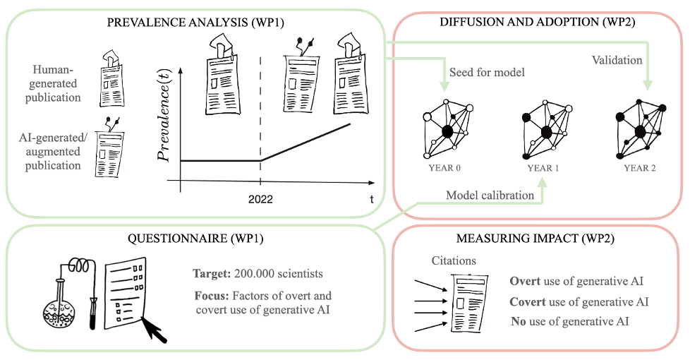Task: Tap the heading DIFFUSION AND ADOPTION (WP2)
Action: click(x=538, y=23)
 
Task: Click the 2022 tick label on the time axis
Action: click(x=260, y=199)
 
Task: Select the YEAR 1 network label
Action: click(x=544, y=169)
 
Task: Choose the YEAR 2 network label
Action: click(x=640, y=169)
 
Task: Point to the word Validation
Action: click(x=617, y=61)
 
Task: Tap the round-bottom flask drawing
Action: click(x=58, y=308)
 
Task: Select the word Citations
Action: click(x=454, y=261)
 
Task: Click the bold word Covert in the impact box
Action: click(x=528, y=301)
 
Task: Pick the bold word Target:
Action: click(x=210, y=272)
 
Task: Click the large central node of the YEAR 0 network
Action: click(x=447, y=131)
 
